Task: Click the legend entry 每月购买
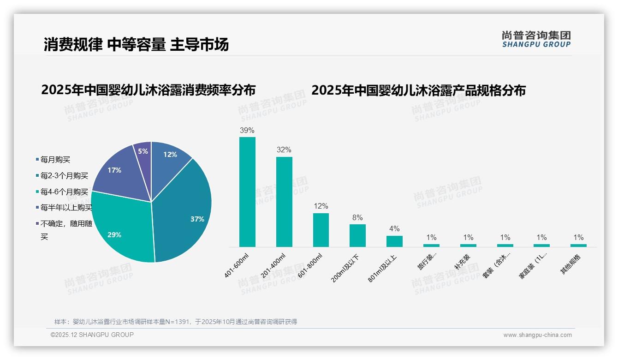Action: point(55,160)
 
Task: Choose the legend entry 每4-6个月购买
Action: point(64,192)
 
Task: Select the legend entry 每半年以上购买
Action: point(66,208)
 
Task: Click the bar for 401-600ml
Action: point(247,192)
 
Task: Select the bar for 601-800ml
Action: point(321,230)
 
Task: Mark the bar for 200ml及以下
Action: point(357,235)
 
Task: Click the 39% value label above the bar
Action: point(247,130)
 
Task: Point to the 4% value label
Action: point(394,228)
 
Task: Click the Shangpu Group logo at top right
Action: point(536,39)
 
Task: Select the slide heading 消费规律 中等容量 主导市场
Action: point(136,45)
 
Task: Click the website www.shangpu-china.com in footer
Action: point(537,335)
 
